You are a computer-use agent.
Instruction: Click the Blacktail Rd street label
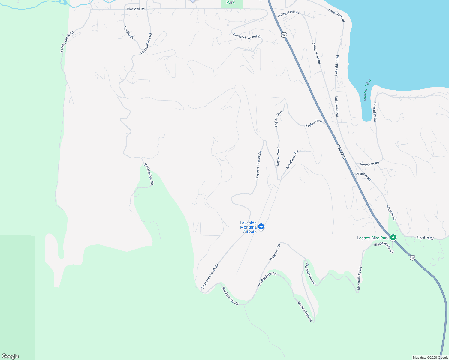(x=136, y=9)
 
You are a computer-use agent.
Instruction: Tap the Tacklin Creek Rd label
(x=67, y=42)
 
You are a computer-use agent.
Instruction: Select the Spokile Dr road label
(x=128, y=33)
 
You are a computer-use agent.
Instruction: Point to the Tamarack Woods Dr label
(x=247, y=36)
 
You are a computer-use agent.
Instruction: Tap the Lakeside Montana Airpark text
(x=248, y=227)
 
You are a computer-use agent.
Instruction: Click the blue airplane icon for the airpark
(x=261, y=226)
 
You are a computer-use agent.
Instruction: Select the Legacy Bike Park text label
(x=372, y=238)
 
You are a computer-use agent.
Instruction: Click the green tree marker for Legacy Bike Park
(x=393, y=238)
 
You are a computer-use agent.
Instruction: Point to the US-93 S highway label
(x=341, y=151)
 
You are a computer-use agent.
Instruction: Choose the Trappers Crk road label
(x=275, y=252)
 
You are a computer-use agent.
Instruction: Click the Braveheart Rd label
(x=292, y=160)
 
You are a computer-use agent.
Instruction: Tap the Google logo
(x=10, y=356)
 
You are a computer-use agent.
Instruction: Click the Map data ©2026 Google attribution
(x=430, y=358)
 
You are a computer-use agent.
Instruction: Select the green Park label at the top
(x=231, y=3)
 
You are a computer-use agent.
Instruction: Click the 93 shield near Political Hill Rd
(x=284, y=35)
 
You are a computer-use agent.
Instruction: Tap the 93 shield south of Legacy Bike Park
(x=412, y=258)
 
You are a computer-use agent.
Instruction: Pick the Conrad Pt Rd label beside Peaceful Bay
(x=375, y=112)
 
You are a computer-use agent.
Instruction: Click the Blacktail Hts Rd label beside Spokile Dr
(x=146, y=44)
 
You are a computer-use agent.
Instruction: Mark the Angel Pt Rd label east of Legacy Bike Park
(x=425, y=238)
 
